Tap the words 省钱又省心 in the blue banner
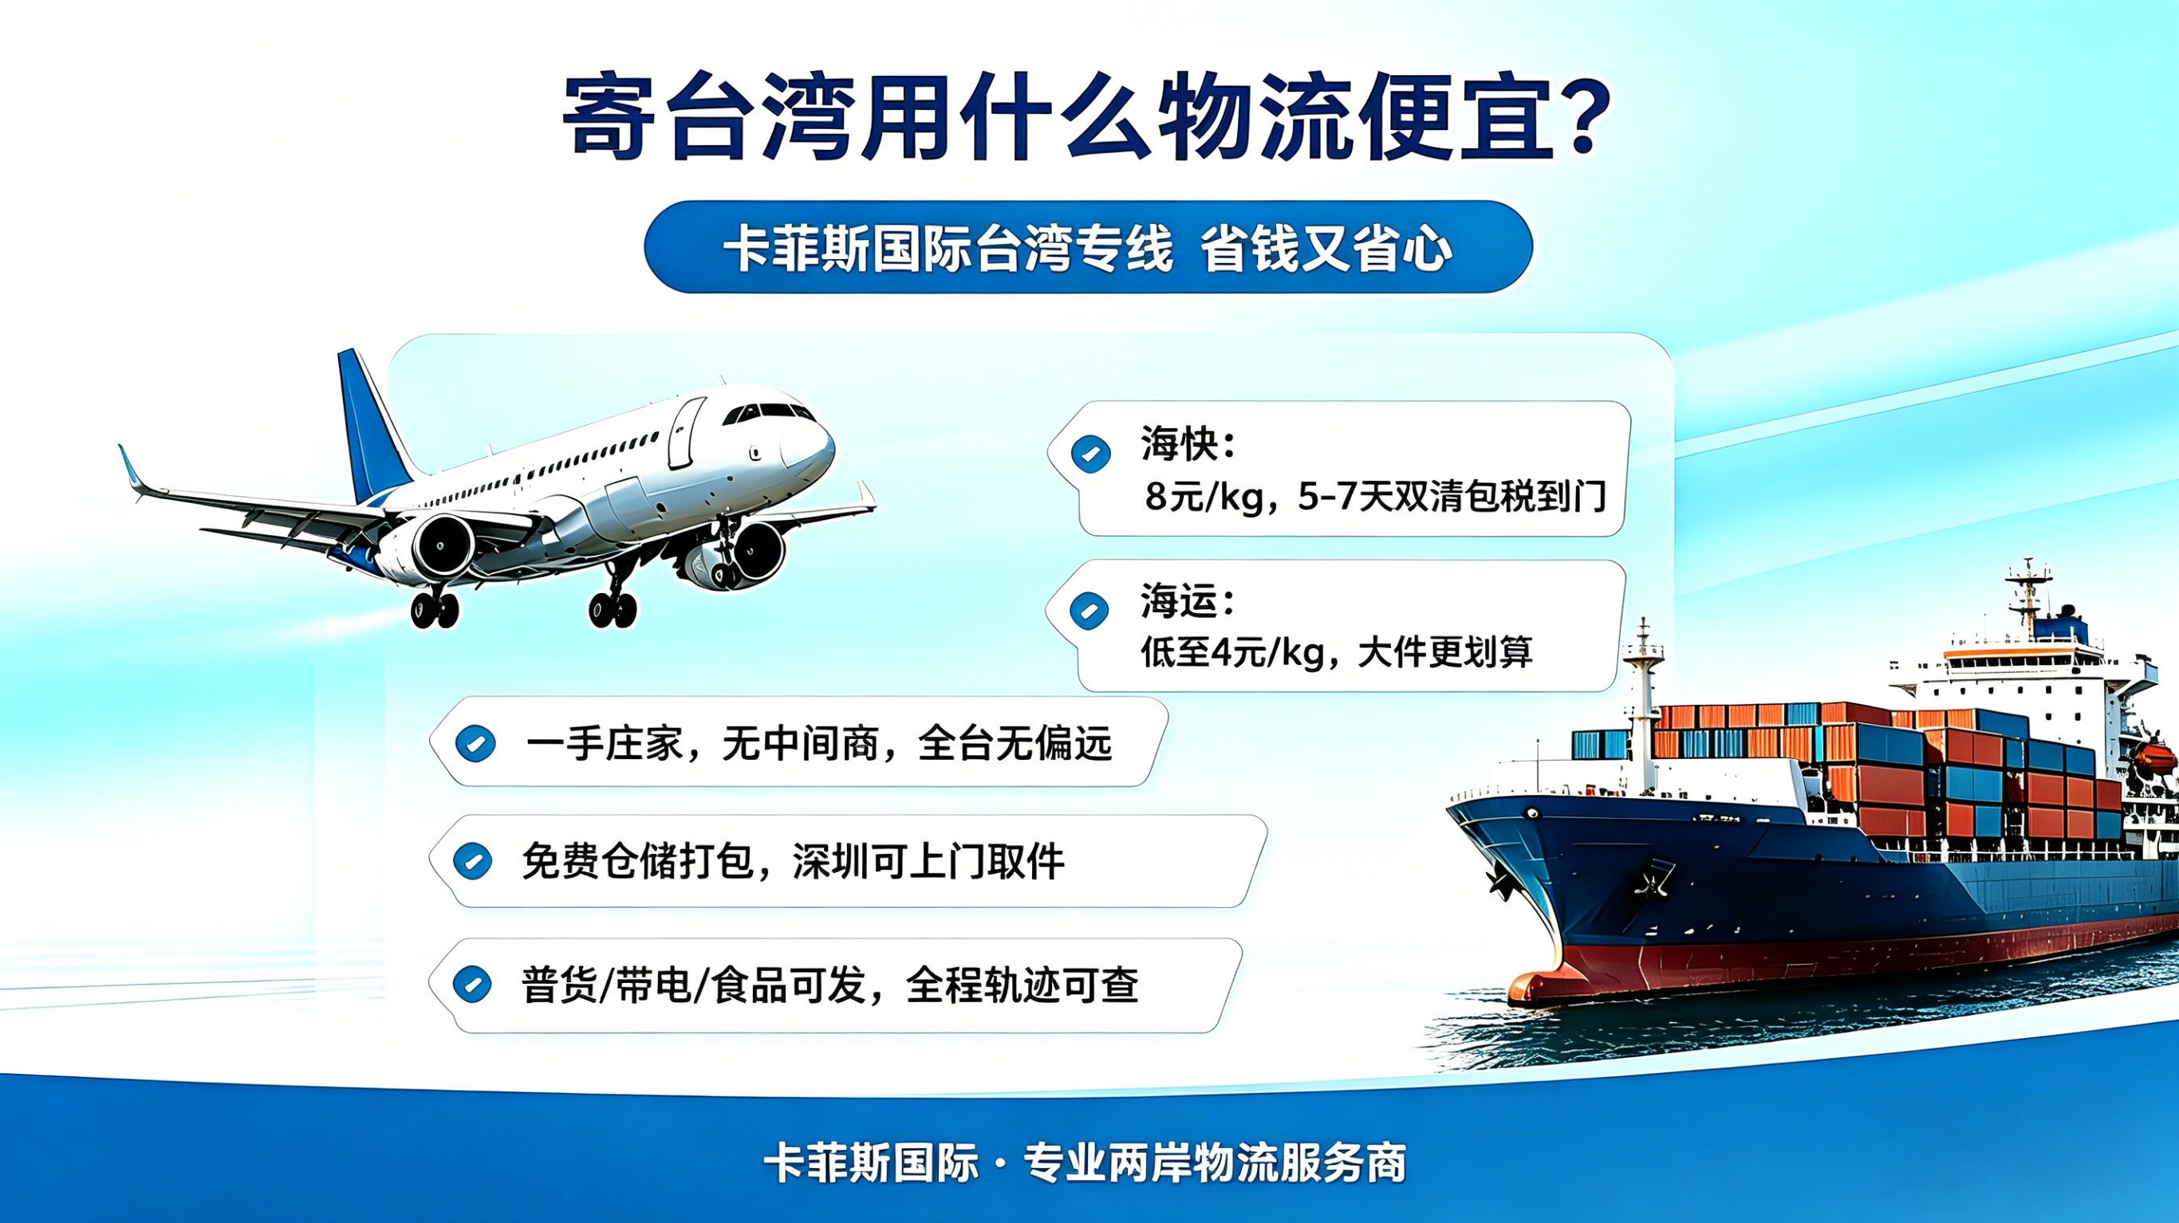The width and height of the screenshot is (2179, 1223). pyautogui.click(x=1326, y=249)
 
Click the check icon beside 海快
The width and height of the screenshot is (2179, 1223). pyautogui.click(x=1090, y=454)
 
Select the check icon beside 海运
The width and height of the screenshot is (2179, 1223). pyautogui.click(x=1089, y=611)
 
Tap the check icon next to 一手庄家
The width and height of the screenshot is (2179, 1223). pyautogui.click(x=475, y=745)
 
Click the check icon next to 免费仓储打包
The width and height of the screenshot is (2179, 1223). pyautogui.click(x=473, y=862)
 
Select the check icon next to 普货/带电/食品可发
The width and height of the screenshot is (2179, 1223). pyautogui.click(x=472, y=985)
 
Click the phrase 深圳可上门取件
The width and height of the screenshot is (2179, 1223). pyautogui.click(x=928, y=862)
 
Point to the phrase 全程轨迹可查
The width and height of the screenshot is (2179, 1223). pyautogui.click(x=1022, y=985)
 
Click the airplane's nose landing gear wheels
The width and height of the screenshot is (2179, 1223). pyautogui.click(x=613, y=608)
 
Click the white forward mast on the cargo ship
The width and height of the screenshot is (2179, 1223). pyautogui.click(x=1643, y=702)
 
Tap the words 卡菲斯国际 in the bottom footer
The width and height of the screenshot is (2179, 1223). pyautogui.click(x=871, y=1163)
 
